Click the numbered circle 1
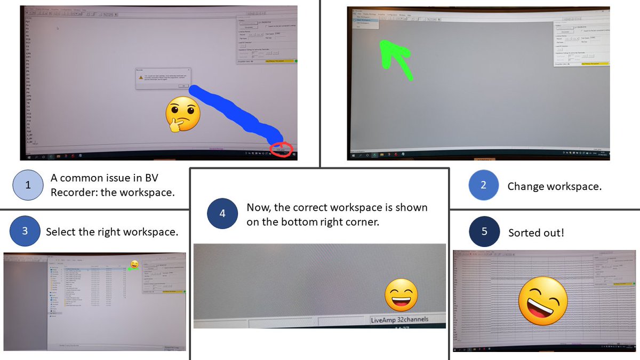point(28,185)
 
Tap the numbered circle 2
point(483,186)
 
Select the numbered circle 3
point(25,231)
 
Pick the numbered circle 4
point(222,213)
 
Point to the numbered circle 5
point(483,232)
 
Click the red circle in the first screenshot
point(281,149)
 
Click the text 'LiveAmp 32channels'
point(399,319)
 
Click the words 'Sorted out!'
point(535,233)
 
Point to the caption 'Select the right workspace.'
point(111,232)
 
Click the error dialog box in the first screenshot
point(162,79)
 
